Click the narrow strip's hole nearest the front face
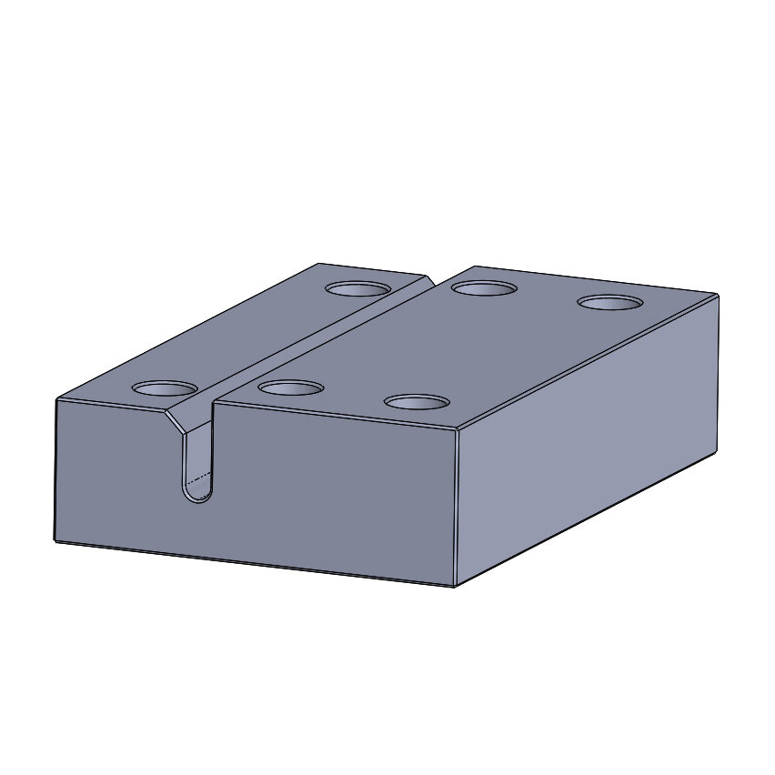[x=164, y=388]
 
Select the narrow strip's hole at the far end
[x=358, y=289]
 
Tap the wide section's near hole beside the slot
[x=291, y=388]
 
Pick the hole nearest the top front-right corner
[x=417, y=401]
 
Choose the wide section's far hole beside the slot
[x=485, y=288]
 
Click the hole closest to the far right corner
[x=610, y=302]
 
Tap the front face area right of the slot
[x=337, y=491]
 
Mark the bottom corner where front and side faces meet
[x=454, y=586]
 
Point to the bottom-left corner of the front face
[x=55, y=541]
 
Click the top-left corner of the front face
[x=56, y=399]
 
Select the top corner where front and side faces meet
[x=456, y=429]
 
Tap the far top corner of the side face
[x=718, y=295]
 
